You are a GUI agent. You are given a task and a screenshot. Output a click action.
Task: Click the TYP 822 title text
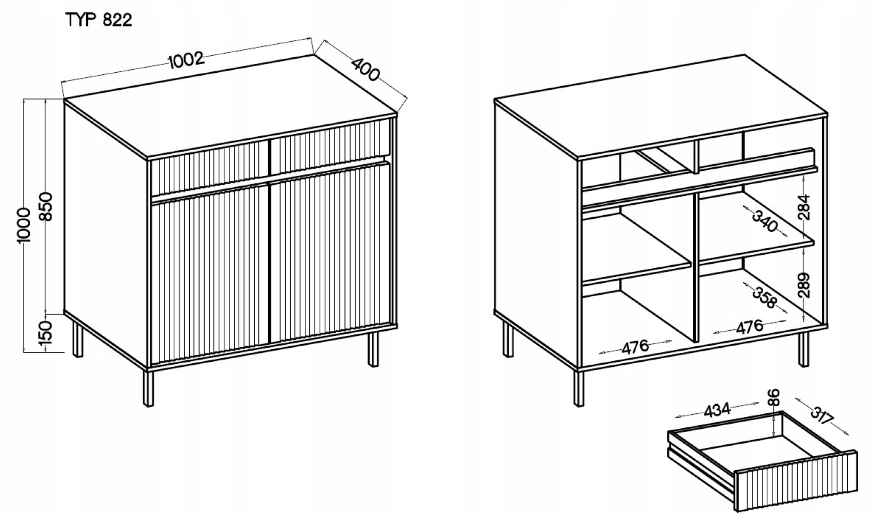point(99,20)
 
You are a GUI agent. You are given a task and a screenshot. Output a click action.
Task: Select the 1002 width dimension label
point(186,60)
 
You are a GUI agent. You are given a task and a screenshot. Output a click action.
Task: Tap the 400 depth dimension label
point(365,70)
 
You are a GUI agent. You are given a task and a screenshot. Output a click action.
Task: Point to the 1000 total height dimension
point(24,225)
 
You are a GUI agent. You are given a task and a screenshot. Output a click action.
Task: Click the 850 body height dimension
point(46,206)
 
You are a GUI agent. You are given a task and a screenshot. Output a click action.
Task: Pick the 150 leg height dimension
point(45,333)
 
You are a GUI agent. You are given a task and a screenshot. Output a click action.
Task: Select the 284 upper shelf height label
point(803,207)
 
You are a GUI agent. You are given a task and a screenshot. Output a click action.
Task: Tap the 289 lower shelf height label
point(803,285)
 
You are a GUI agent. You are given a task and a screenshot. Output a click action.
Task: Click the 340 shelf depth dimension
point(764,221)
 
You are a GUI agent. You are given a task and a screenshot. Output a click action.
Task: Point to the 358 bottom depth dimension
point(764,298)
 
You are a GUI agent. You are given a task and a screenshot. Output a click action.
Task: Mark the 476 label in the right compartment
point(749,327)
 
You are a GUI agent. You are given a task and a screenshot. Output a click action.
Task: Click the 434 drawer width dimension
point(717,410)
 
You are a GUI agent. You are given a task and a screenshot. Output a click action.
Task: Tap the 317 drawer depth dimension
point(822,416)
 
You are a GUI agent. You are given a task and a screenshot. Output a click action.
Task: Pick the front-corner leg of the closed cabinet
point(148,389)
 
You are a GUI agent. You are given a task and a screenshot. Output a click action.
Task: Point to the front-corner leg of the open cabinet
point(579,389)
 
